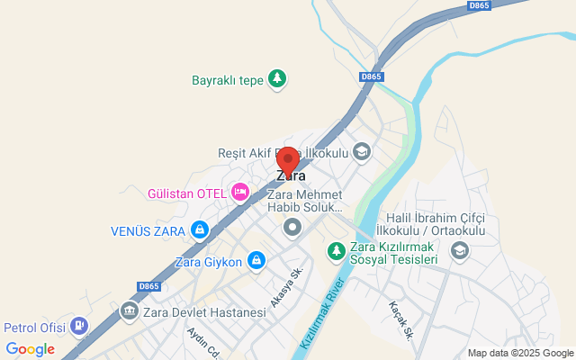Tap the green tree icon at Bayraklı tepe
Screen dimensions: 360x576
278,80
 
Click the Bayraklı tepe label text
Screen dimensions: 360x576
228,80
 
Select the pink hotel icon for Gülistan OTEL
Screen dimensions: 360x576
239,192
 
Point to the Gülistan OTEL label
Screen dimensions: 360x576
186,193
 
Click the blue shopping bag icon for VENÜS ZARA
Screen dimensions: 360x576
201,230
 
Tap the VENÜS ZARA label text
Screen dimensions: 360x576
148,230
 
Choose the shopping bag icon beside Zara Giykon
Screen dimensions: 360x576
256,262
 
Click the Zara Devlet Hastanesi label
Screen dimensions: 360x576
207,312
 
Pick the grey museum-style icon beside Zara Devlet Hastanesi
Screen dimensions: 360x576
130,311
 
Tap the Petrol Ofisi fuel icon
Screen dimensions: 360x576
79,326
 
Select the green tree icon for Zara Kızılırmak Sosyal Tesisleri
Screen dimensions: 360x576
336,251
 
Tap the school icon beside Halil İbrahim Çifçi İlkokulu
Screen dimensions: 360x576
459,250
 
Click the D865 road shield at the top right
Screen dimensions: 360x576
478,5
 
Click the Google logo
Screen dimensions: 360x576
30,349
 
